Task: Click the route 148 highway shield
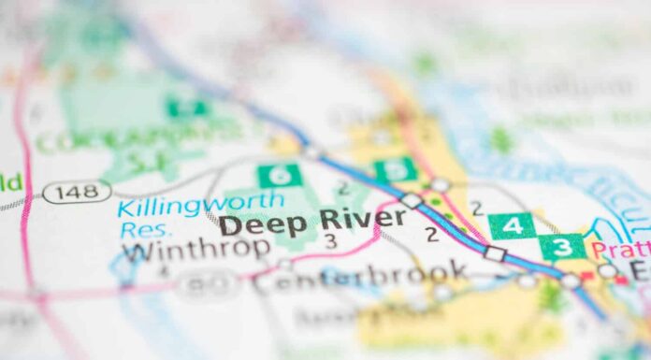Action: pos(77,192)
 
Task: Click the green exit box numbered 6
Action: pos(280,175)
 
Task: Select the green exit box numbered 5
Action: pos(396,170)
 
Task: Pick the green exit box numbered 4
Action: pos(512,225)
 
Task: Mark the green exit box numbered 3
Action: pos(563,247)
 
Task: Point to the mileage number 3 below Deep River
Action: pos(329,241)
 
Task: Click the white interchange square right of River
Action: pos(411,200)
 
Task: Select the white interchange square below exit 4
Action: pos(494,253)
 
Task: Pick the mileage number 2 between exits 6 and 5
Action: pos(342,188)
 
